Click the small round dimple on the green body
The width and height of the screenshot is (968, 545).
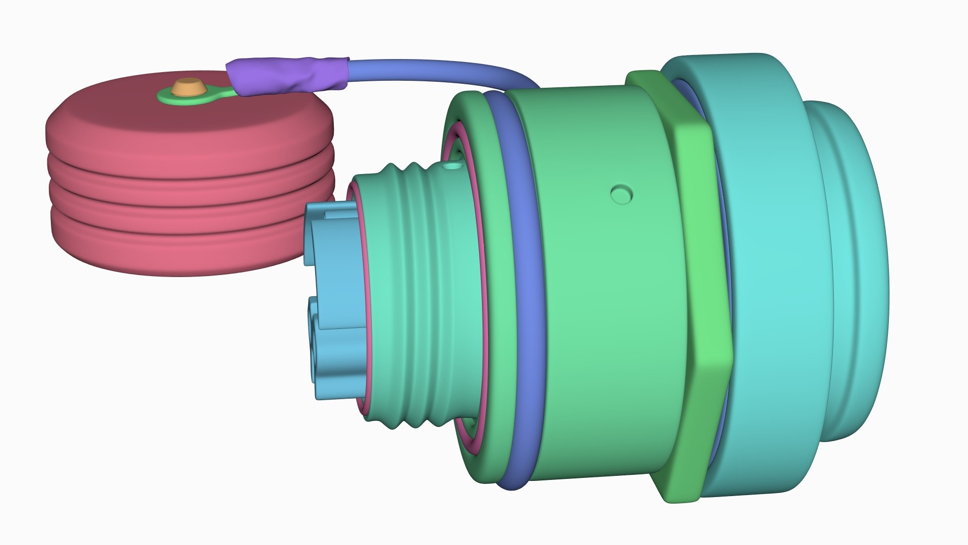click(x=622, y=194)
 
